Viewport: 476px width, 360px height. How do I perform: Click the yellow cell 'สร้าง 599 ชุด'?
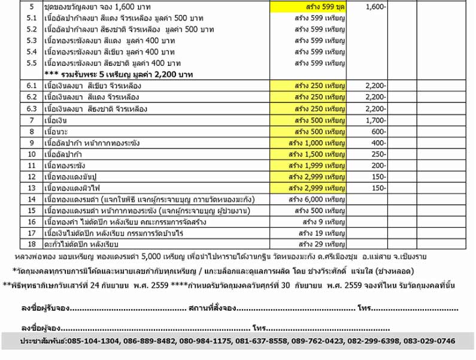pos(308,7)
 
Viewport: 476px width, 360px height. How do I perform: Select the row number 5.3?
pos(32,41)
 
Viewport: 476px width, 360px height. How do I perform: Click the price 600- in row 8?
pos(377,132)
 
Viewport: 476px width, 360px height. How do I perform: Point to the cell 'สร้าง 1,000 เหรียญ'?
pos(308,143)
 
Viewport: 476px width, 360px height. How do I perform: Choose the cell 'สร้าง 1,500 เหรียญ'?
pos(308,155)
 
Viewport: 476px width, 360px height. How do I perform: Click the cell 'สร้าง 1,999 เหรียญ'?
pos(308,165)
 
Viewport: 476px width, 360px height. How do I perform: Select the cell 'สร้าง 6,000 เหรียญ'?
pos(308,199)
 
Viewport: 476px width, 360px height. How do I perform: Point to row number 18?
pos(32,244)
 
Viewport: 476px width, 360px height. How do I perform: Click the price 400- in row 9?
pos(377,143)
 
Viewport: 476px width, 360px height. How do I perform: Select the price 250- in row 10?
pos(377,155)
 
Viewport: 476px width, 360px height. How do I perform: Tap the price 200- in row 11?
pos(377,165)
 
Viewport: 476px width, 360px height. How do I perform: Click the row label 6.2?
pos(32,98)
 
